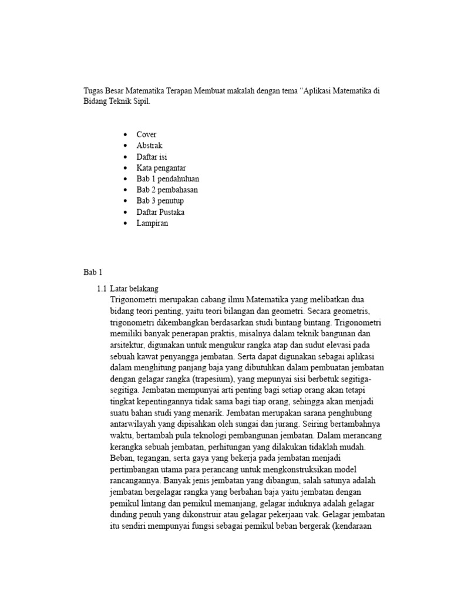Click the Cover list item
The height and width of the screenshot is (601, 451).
point(146,134)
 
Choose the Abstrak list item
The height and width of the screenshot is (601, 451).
point(149,146)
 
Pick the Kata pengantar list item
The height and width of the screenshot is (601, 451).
point(161,168)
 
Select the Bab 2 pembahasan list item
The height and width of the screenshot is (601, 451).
point(167,190)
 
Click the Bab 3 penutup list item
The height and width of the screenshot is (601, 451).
point(160,201)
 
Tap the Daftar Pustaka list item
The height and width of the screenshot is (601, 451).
point(160,212)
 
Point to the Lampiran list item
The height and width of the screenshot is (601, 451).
point(152,223)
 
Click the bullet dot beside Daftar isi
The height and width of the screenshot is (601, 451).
point(126,157)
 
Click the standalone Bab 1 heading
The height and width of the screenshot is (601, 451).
point(93,272)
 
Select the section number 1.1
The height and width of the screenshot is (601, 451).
point(102,289)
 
